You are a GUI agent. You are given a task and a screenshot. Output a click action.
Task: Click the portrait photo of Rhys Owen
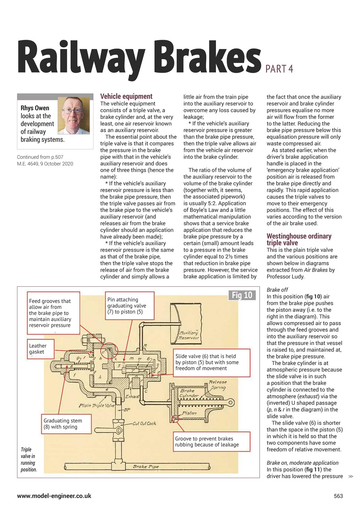74,115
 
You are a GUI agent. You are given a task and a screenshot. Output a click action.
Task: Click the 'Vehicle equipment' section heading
126,96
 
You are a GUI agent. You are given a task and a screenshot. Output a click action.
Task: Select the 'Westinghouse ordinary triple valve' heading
299,239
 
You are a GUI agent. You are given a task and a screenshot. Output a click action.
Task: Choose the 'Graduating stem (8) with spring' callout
66,424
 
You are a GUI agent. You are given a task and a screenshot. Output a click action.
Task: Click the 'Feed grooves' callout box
53,313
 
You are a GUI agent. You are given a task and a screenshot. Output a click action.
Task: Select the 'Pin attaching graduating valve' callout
128,306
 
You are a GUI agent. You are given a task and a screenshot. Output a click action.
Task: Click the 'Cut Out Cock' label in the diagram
144,424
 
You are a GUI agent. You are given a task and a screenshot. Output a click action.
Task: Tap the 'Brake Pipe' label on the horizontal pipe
146,466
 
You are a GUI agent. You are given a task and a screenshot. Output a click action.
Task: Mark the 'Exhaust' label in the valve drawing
132,396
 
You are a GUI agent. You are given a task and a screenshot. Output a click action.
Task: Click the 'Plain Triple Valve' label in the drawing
98,406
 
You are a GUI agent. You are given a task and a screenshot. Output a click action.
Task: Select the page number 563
338,496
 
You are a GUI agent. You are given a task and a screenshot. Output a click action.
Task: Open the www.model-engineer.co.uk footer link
54,496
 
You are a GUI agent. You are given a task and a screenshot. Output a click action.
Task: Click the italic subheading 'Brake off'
277,290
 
